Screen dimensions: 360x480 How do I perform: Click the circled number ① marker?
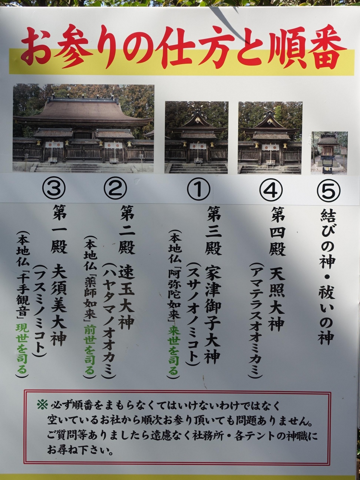click(198, 189)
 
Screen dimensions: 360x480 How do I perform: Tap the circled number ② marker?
click(115, 188)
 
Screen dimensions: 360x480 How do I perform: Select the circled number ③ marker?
click(54, 188)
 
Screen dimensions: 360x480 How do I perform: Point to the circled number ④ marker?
click(271, 190)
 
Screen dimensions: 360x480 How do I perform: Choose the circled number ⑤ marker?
click(328, 191)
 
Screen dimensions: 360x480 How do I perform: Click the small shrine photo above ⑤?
click(329, 153)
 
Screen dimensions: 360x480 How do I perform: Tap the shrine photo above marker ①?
click(196, 137)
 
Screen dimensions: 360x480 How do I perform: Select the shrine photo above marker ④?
click(270, 138)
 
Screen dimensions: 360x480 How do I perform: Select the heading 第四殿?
click(277, 232)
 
